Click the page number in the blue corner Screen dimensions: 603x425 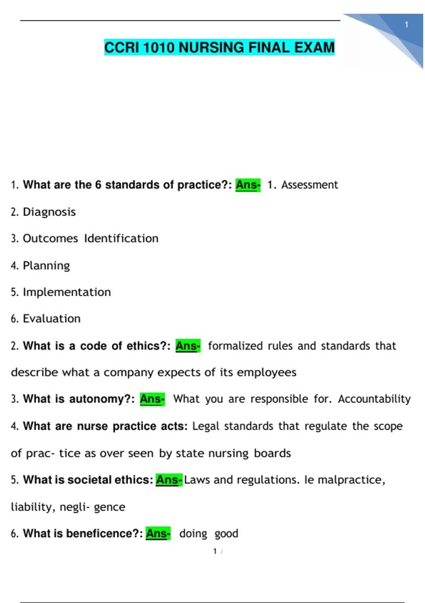coord(407,25)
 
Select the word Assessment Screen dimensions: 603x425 coord(310,185)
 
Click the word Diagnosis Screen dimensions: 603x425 coord(49,212)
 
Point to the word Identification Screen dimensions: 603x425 coord(121,238)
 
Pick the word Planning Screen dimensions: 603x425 coord(46,266)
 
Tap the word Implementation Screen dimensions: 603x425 coord(67,292)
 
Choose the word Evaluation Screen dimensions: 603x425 coord(52,319)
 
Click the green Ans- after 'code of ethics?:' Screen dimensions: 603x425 coord(188,346)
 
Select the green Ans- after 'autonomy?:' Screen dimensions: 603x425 coord(152,399)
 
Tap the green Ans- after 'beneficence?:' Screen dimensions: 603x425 coord(158,533)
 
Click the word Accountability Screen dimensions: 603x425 coord(374,399)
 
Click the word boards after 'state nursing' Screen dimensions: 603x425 coord(272,453)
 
